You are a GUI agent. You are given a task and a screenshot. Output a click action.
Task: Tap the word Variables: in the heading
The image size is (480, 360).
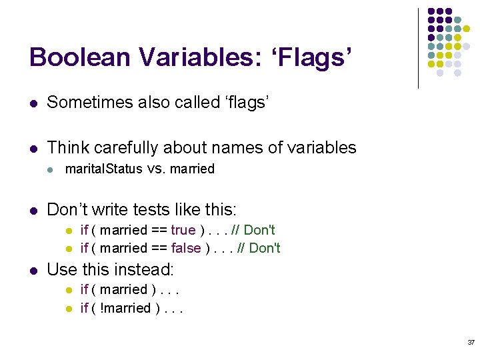click(x=188, y=57)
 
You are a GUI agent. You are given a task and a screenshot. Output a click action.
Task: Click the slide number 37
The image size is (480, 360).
click(x=471, y=342)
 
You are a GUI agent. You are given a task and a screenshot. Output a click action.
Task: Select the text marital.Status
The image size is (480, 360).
click(x=103, y=169)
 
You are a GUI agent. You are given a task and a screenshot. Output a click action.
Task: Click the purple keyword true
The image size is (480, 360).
click(x=183, y=230)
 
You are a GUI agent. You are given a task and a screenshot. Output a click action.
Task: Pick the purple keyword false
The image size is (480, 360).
click(x=186, y=248)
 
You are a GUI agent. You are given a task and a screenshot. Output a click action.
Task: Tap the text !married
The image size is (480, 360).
click(x=123, y=307)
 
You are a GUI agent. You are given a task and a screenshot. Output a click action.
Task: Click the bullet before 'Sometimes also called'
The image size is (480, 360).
click(x=33, y=103)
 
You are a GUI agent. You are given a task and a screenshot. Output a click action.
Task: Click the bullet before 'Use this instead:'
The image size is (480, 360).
click(x=33, y=270)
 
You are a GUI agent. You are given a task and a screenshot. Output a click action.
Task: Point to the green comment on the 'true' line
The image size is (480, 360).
click(x=253, y=230)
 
